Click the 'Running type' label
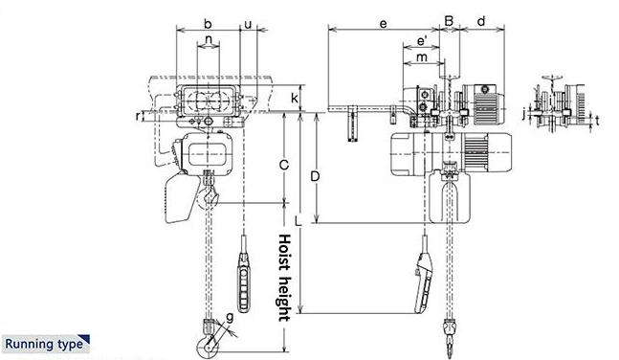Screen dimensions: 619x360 [44, 344]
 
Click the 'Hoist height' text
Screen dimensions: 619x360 [284, 278]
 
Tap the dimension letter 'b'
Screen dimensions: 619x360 [208, 24]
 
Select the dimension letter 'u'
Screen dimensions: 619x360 [248, 25]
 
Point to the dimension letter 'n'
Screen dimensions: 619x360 [209, 39]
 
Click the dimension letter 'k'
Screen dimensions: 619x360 [295, 98]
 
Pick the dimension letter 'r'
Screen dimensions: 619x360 [138, 116]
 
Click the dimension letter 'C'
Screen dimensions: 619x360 [283, 165]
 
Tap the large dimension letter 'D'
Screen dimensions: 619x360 [315, 176]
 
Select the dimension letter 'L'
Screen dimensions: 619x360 [298, 221]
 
